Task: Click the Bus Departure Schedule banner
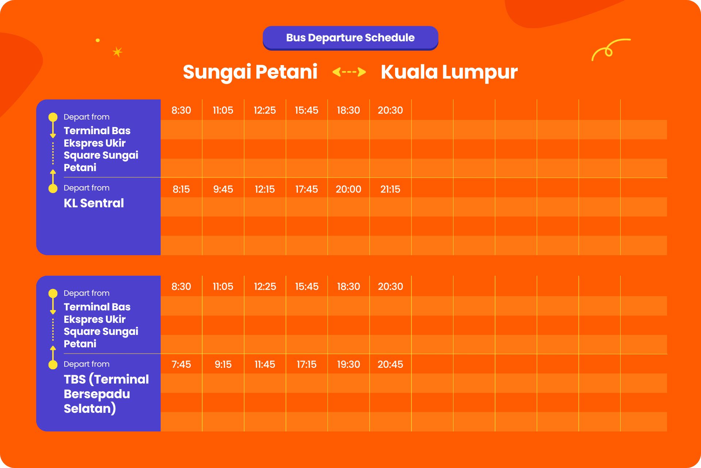click(350, 38)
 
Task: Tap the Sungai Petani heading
click(250, 72)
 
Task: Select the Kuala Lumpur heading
click(449, 72)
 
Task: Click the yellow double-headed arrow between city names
click(349, 72)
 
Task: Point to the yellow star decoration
click(117, 52)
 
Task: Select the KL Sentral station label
click(94, 203)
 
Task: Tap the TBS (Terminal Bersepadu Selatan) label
click(106, 394)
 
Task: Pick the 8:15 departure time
click(181, 189)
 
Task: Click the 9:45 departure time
click(223, 189)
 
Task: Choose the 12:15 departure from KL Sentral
click(265, 189)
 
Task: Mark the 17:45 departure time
click(307, 189)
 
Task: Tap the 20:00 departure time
click(348, 189)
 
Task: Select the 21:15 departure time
click(390, 189)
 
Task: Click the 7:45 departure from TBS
click(181, 364)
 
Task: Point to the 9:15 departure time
click(223, 364)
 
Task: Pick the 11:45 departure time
click(265, 364)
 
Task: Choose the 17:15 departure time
click(307, 364)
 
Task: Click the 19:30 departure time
click(348, 364)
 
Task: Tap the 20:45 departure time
click(390, 364)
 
